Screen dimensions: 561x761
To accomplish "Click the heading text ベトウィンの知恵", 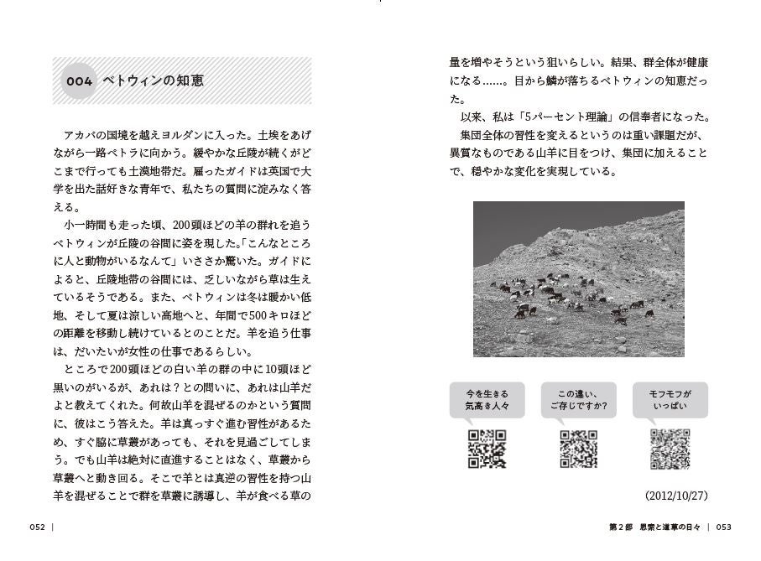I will tap(153, 81).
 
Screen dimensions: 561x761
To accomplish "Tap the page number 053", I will tap(724, 527).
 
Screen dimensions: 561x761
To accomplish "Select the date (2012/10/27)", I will tap(676, 496).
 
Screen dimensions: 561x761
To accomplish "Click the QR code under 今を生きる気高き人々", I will tap(487, 449).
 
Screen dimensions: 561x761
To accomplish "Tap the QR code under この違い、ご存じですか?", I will tap(578, 449).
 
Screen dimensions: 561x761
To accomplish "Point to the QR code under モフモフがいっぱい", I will tap(670, 449).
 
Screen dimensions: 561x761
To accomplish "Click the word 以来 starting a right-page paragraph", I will tap(470, 117).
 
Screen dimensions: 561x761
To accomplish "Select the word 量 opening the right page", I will tap(456, 63).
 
